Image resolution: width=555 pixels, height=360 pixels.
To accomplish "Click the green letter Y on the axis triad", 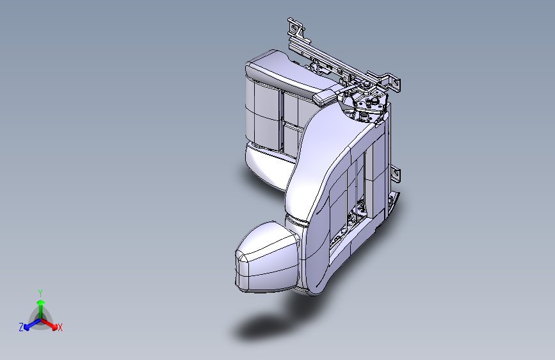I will click(40, 292).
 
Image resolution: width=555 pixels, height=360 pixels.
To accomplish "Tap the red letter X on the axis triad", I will click(60, 328).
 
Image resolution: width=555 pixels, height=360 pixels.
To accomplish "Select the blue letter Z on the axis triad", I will click(21, 327).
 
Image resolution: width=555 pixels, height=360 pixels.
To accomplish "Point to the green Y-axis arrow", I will click(40, 305).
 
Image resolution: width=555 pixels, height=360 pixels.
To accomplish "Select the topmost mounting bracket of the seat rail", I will click(295, 29).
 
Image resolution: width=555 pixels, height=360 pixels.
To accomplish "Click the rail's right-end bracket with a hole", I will click(395, 83).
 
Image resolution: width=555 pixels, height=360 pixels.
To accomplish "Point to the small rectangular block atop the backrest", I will click(326, 97).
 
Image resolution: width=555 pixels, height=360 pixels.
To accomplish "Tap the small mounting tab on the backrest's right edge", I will click(396, 172).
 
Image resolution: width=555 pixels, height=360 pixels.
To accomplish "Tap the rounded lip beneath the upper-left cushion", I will click(266, 163).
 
